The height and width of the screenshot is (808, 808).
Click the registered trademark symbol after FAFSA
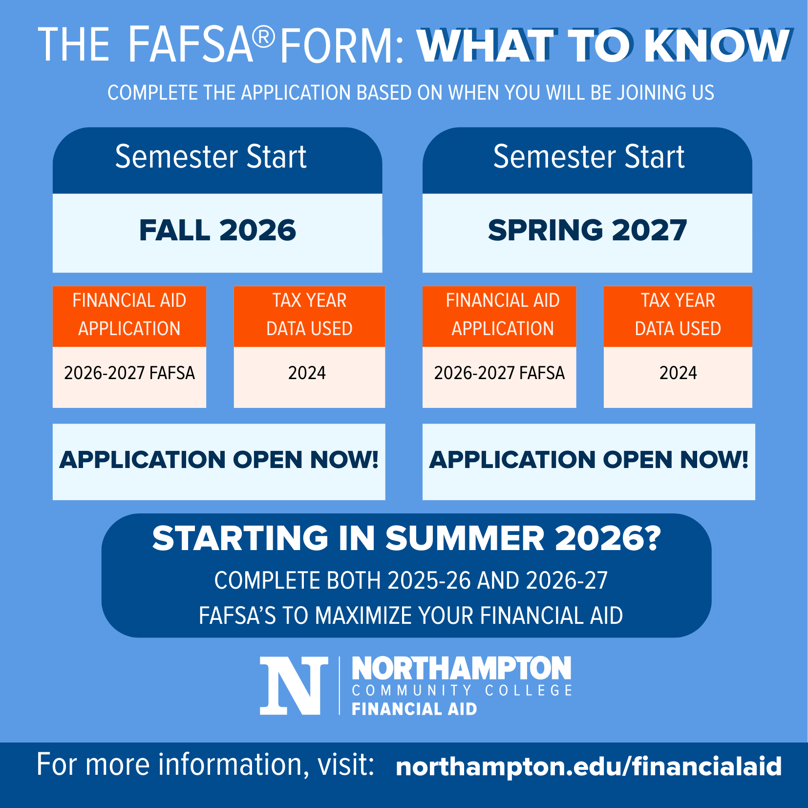[x=264, y=38]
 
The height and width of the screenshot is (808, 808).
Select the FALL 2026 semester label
[x=217, y=230]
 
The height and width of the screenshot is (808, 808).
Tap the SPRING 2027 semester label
[x=587, y=230]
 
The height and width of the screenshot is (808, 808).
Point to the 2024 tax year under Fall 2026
[x=307, y=373]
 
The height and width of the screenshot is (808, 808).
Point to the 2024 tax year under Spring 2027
[x=678, y=373]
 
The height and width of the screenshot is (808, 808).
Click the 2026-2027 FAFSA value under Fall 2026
[x=129, y=373]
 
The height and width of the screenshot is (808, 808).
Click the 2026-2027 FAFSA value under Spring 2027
[x=499, y=373]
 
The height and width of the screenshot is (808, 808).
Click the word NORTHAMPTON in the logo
[x=462, y=668]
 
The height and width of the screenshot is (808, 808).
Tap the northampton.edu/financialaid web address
[x=589, y=766]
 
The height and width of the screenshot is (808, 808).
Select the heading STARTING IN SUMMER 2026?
[x=406, y=538]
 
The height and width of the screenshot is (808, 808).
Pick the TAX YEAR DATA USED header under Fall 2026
[x=309, y=315]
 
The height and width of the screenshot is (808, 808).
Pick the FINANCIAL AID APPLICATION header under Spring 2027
[x=503, y=315]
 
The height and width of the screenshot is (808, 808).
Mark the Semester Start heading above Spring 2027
[x=589, y=157]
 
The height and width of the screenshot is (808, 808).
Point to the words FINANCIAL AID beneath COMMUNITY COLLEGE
[x=414, y=709]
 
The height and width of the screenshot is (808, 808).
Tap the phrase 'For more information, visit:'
[x=205, y=765]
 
